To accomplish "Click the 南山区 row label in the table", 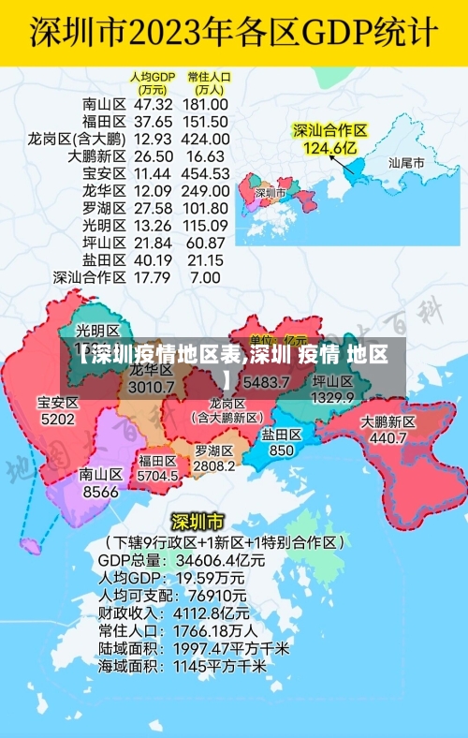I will point(104,104).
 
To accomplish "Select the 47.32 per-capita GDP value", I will point(154,104).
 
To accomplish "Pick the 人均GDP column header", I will point(153,82).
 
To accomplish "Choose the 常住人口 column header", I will point(208,82).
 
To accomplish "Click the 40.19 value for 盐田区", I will point(154,259).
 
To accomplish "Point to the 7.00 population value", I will point(205,277).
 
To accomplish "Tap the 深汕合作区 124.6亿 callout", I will point(329,139).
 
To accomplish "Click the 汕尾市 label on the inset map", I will point(406,162).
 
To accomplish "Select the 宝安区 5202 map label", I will point(58,411).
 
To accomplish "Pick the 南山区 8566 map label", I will point(100,482).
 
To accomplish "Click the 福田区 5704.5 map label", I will point(157,468).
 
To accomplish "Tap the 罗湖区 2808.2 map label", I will point(214,458).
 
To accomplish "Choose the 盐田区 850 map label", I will point(281,442).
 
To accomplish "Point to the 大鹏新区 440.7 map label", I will point(388,430).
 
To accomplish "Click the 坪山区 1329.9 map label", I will point(332,390).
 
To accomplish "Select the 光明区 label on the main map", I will point(97,331).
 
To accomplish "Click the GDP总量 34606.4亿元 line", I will point(182,559).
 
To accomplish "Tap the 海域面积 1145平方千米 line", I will point(182,666).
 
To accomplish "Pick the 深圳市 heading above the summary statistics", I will point(197,521).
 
